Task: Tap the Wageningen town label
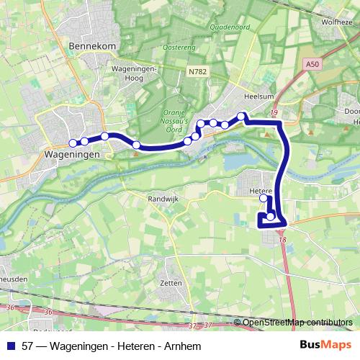pyautogui.click(x=71, y=154)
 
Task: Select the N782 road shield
pyautogui.click(x=198, y=71)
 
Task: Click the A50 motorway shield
pyautogui.click(x=311, y=63)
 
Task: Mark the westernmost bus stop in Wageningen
pyautogui.click(x=73, y=143)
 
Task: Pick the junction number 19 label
pyautogui.click(x=274, y=112)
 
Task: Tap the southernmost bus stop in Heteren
pyautogui.click(x=271, y=216)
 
